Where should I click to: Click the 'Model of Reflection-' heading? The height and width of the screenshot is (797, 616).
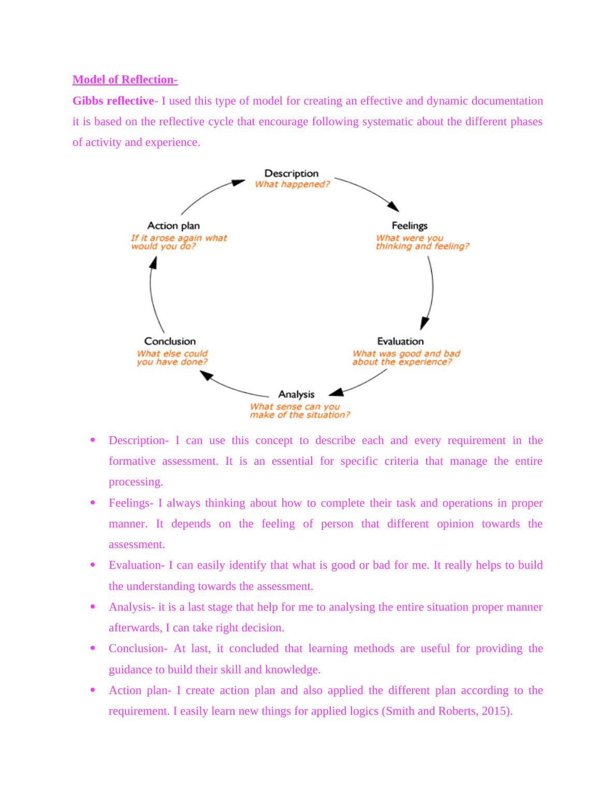(125, 80)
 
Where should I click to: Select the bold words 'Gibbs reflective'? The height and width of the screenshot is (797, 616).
(113, 101)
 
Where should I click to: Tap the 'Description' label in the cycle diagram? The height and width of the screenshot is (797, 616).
(291, 173)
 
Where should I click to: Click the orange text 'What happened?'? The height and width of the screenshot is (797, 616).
(292, 184)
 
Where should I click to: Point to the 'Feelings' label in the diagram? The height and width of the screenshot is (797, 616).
(409, 226)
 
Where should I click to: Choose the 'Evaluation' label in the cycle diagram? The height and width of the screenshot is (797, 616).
(400, 342)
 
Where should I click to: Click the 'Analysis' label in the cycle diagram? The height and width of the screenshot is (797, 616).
(296, 394)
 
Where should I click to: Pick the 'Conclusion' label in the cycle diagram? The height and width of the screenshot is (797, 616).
(170, 342)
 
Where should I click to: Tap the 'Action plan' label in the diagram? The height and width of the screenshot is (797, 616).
(173, 226)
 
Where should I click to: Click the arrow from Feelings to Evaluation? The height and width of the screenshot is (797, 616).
(430, 292)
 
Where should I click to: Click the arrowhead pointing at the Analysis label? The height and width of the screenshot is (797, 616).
(337, 391)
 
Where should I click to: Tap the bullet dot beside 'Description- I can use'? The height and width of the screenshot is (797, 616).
(93, 440)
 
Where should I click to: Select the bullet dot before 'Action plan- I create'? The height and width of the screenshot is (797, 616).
(93, 690)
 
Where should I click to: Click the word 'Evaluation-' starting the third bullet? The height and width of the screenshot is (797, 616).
(137, 565)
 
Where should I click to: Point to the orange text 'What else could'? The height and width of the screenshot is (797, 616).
(172, 353)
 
